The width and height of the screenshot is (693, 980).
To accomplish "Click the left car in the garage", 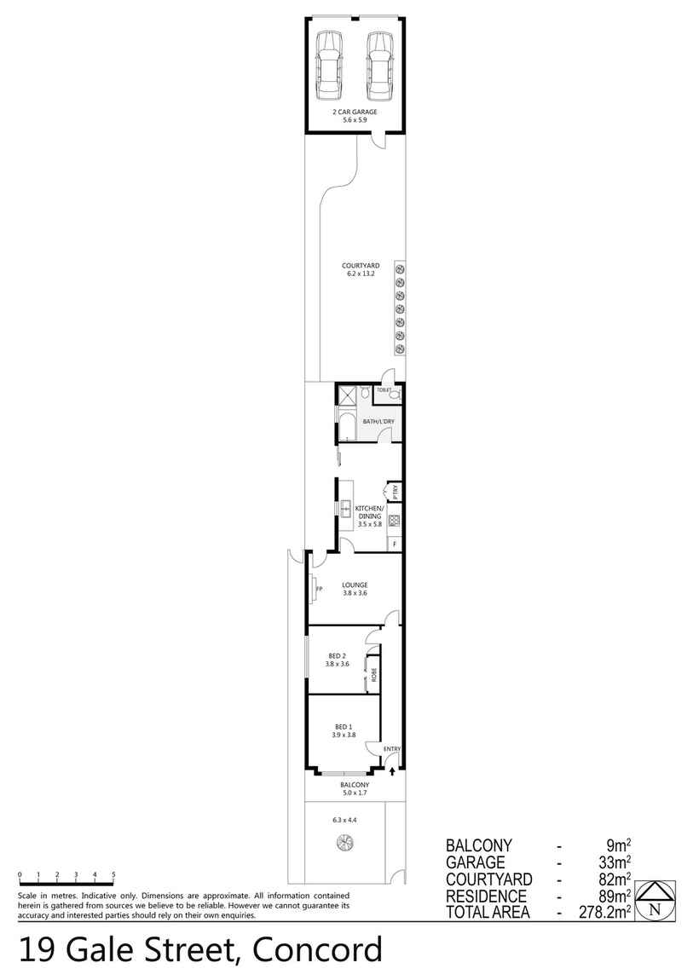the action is pos(330,66).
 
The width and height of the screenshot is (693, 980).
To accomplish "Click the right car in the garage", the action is pos(380,66).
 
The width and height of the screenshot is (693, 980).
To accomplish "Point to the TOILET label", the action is pos(384,390).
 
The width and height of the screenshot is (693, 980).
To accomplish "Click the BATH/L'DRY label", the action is pos(378,422).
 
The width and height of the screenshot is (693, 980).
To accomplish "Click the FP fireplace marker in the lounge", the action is pos(319,590).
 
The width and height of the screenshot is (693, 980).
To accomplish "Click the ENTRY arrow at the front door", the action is pos(392,770).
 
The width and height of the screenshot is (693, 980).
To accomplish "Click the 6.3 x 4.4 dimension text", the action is pos(345,820).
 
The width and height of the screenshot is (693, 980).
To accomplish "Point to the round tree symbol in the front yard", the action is pos(345,845).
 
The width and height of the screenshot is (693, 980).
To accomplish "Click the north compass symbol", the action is pos(655,900).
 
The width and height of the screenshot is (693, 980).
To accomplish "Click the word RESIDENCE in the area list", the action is pos(486,896).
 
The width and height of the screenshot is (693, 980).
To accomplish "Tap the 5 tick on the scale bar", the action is pos(113,876).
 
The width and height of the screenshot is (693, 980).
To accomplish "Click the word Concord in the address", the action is pos(317,951).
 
